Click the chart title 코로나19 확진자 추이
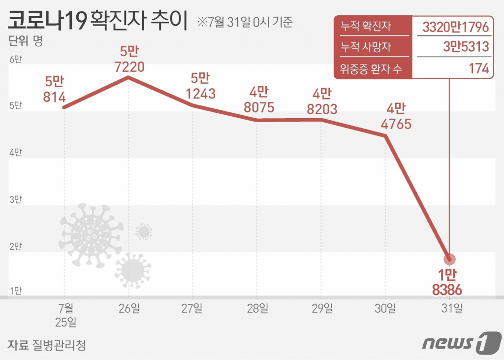click(97, 22)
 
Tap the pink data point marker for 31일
click(449, 259)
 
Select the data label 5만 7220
click(129, 59)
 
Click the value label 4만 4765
click(396, 116)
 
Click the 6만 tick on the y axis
click(15, 60)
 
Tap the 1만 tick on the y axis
click(15, 291)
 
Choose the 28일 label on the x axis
click(257, 309)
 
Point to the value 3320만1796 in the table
click(455, 27)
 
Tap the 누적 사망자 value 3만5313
click(465, 47)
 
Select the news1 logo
click(461, 342)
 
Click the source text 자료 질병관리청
click(47, 345)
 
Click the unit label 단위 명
click(26, 41)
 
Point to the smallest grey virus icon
click(144, 231)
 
